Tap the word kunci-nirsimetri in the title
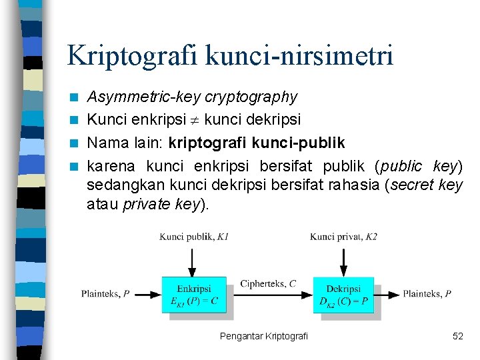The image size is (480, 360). [x=300, y=55]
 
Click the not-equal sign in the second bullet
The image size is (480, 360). [x=197, y=121]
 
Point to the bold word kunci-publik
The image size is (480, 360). [x=302, y=143]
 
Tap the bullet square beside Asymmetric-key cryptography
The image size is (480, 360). [x=77, y=98]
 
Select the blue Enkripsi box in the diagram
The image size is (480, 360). [x=194, y=295]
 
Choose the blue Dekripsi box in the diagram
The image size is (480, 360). [x=343, y=295]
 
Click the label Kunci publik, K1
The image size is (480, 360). [x=194, y=237]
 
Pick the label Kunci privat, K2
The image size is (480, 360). [x=343, y=237]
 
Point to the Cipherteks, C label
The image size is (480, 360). [x=269, y=284]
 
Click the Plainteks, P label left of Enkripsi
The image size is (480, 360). [x=105, y=293]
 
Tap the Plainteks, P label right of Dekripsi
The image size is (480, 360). [x=427, y=293]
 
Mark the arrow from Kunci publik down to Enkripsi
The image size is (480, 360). [x=193, y=261]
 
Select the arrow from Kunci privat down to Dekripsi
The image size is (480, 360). [x=343, y=261]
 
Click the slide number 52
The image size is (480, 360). [x=457, y=336]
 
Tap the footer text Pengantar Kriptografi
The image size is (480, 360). [x=264, y=336]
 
